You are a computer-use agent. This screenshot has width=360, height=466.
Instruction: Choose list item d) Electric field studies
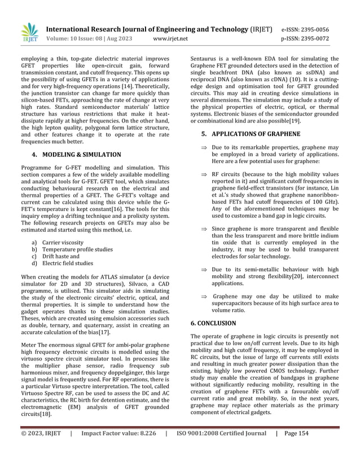point(67,263)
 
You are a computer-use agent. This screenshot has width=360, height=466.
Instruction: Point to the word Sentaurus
point(207,59)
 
